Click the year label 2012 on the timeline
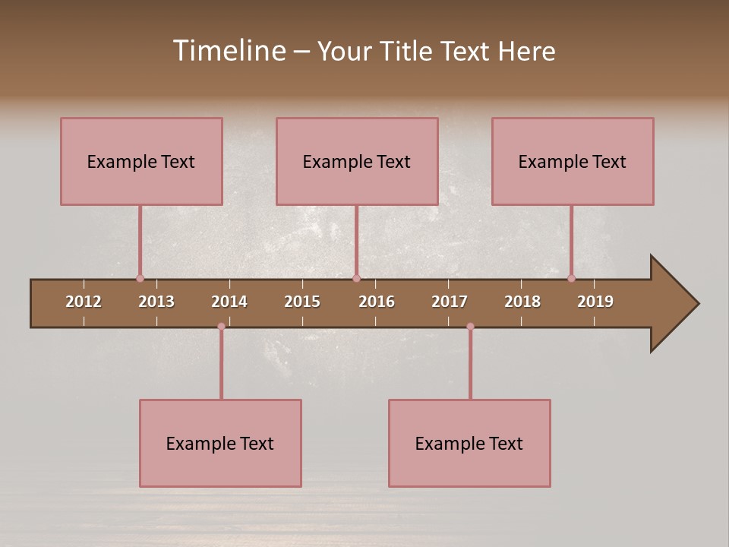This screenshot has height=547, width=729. pos(84,302)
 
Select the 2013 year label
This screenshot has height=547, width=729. pos(156,302)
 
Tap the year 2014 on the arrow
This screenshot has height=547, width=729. pos(229,302)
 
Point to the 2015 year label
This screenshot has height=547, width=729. pos(302,302)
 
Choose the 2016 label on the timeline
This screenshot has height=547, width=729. pos(377,302)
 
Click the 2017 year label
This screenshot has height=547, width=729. pos(450,302)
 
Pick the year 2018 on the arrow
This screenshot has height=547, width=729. pos(522,302)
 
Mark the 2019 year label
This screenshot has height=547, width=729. pos(595,302)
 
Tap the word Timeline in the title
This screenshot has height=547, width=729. pos(229,51)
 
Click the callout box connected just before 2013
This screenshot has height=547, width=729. pos(141,161)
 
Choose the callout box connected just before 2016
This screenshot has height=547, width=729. pos(357,161)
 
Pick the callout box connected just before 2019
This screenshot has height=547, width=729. pos(573,161)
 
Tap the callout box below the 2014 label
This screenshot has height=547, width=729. pos(220,443)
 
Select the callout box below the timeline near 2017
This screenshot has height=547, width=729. pos(469,443)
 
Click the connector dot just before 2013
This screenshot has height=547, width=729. pos(140,278)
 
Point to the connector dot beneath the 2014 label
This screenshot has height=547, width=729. pos(221,327)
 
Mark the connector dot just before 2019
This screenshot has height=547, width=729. pos(571,278)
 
